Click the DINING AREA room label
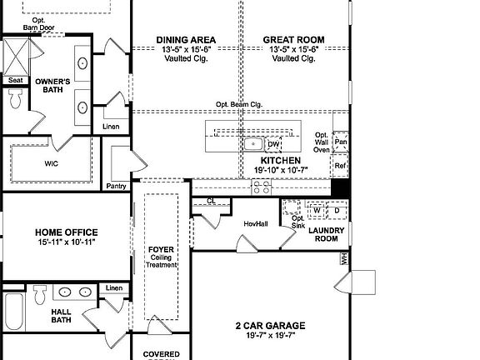tap(187, 39)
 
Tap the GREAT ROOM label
tap(293, 39)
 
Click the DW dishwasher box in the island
tap(273, 144)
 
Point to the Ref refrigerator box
tap(339, 166)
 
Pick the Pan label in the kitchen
tap(340, 142)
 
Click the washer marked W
tap(317, 210)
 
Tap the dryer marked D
tap(337, 210)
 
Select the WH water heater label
tap(343, 259)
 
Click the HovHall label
tap(256, 223)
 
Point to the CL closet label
tap(211, 201)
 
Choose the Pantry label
tap(116, 186)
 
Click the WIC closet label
tap(52, 163)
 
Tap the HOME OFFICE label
tap(66, 232)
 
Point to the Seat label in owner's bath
tap(16, 80)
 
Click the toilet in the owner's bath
tap(16, 99)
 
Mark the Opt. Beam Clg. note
tap(240, 104)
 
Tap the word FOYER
tap(160, 249)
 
